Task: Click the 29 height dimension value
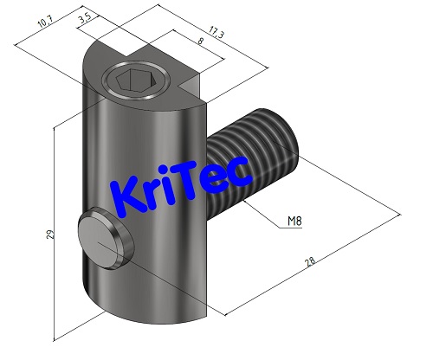49,235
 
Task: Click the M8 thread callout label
295,222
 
